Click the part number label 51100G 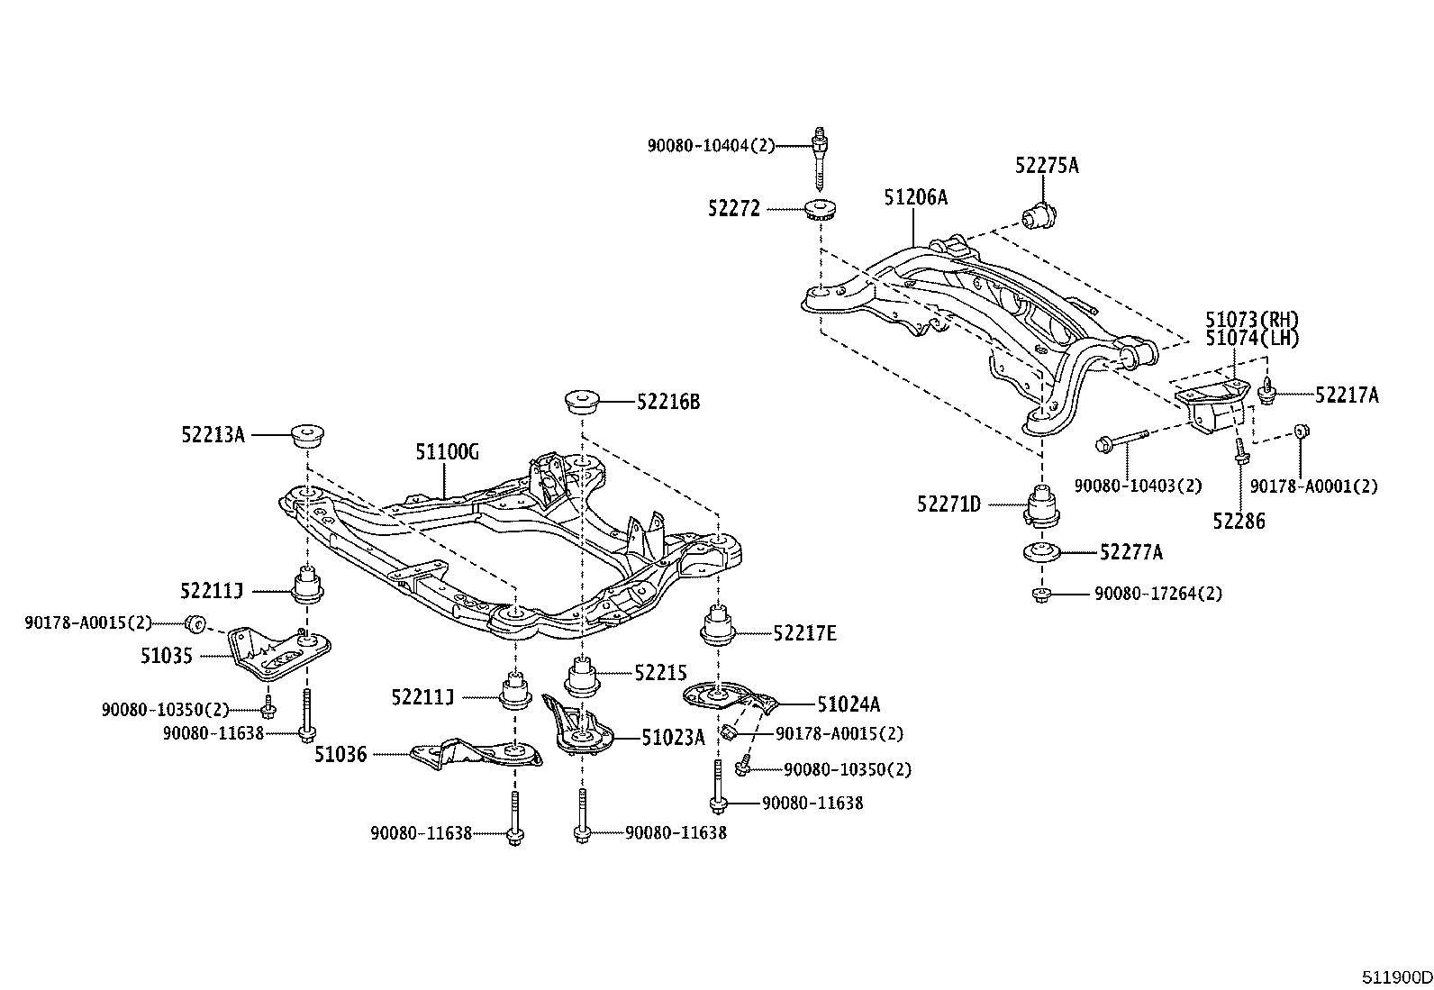click(447, 452)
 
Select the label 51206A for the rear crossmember click(915, 197)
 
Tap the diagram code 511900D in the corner click(1395, 977)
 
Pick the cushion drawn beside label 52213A click(308, 436)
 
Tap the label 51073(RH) click(1252, 320)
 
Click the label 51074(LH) click(1252, 339)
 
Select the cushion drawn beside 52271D click(1042, 505)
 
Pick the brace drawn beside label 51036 click(476, 754)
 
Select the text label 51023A click(672, 738)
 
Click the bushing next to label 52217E click(718, 627)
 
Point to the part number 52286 click(1239, 521)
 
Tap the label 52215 click(660, 672)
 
